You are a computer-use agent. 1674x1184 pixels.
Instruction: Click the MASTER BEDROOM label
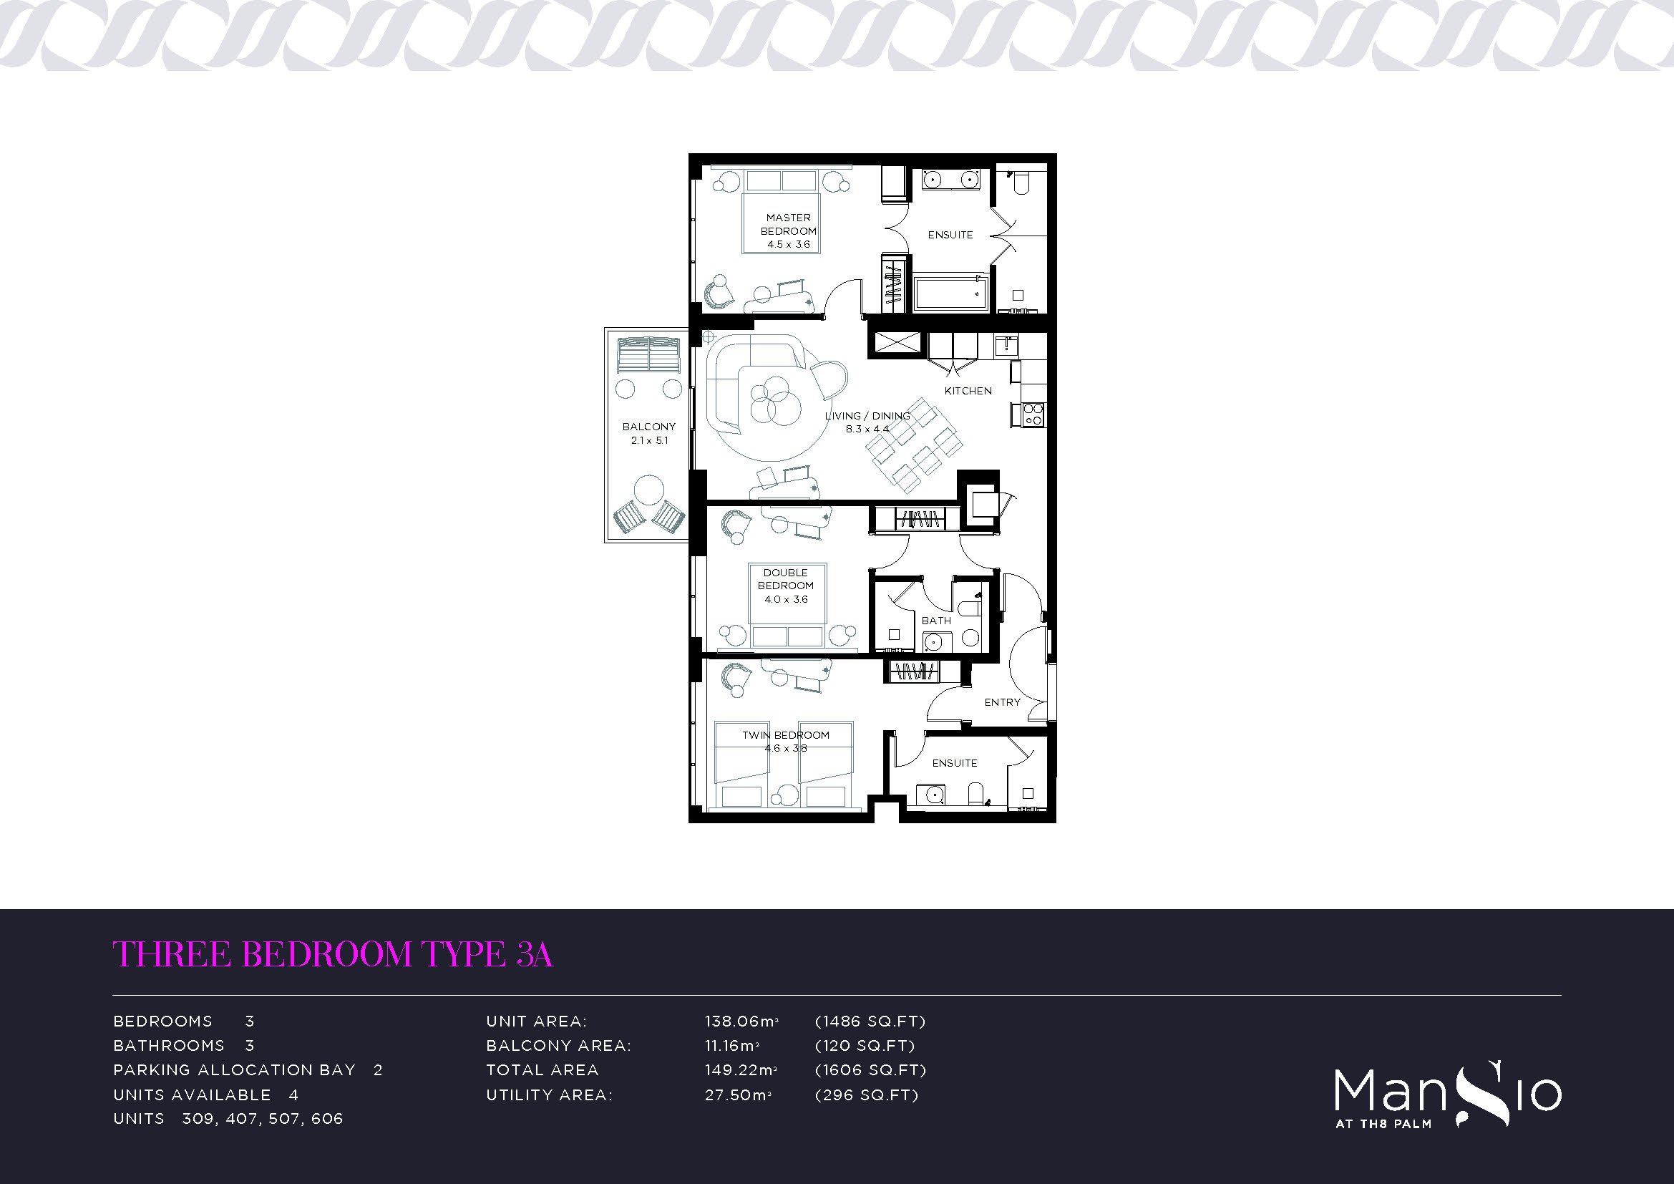click(x=788, y=224)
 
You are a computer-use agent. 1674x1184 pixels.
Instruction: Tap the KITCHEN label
click(x=968, y=391)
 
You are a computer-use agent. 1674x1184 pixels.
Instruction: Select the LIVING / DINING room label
click(x=867, y=416)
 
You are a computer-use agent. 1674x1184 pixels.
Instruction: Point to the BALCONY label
click(x=649, y=427)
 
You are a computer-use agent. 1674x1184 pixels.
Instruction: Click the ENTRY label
click(x=1003, y=702)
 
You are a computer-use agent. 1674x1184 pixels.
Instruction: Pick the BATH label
click(x=936, y=621)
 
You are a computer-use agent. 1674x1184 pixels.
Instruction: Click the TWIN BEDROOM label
click(x=786, y=735)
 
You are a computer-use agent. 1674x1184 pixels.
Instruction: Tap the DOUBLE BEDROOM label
click(x=786, y=579)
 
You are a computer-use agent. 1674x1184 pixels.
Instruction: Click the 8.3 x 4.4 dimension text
click(x=867, y=429)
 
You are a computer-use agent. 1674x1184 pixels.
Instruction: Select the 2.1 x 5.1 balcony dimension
click(x=650, y=440)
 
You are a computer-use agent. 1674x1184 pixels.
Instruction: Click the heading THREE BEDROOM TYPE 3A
click(x=334, y=953)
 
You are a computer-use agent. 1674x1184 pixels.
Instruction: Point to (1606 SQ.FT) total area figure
click(x=870, y=1070)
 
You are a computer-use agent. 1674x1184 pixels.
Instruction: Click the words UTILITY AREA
click(x=550, y=1095)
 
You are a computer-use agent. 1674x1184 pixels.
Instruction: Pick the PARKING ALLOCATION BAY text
click(x=234, y=1070)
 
